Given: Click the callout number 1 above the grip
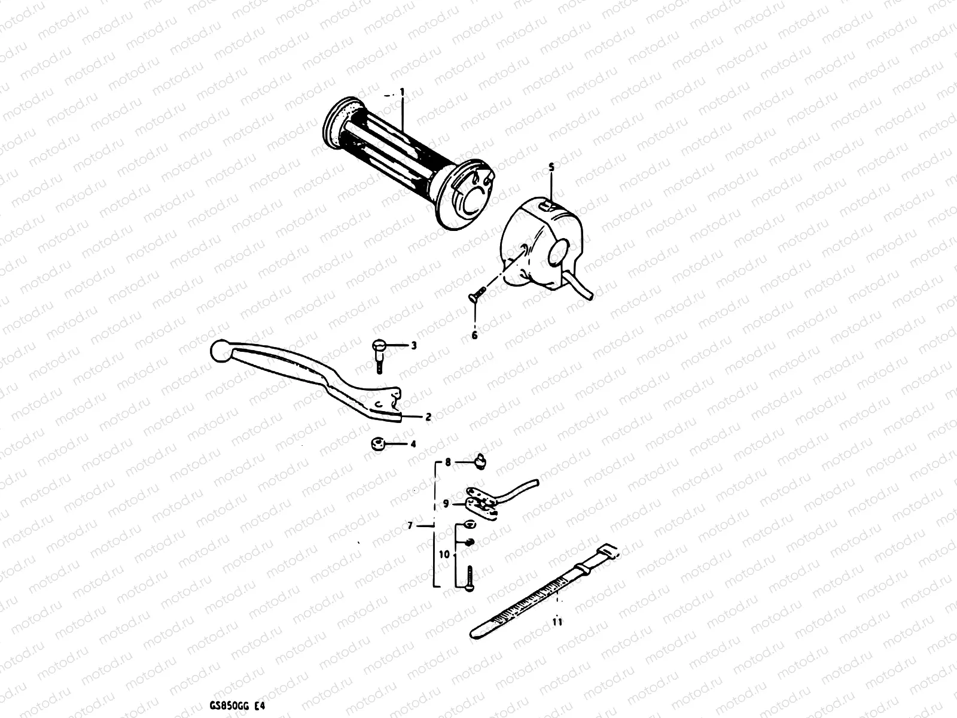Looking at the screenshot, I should pyautogui.click(x=403, y=92).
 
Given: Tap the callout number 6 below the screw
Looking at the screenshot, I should pyautogui.click(x=475, y=335).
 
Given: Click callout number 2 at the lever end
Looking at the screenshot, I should pyautogui.click(x=428, y=417).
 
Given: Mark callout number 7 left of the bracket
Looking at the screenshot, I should pyautogui.click(x=410, y=526).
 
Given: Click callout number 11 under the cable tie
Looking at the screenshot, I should pyautogui.click(x=557, y=622).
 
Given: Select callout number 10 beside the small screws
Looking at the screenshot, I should pyautogui.click(x=444, y=555).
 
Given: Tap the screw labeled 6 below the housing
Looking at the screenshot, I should pyautogui.click(x=475, y=294).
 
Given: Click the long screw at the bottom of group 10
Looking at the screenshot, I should pyautogui.click(x=470, y=578).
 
